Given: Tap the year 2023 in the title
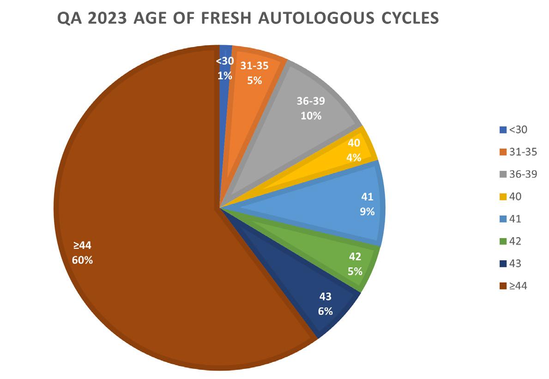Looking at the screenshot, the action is click(107, 18).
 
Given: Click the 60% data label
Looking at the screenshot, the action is click(82, 260).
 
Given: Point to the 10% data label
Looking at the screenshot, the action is click(311, 116).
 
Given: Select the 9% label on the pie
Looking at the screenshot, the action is click(367, 212).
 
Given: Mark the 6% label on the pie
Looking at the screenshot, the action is click(325, 311).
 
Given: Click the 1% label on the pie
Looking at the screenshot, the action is click(225, 76).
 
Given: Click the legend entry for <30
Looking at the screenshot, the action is click(513, 130).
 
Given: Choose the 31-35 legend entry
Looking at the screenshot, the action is click(518, 152).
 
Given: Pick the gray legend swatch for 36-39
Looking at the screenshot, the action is click(503, 174).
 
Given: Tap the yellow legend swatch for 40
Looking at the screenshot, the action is click(503, 197).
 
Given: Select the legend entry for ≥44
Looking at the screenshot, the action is click(513, 286).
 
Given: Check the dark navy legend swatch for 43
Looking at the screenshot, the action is click(503, 264).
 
